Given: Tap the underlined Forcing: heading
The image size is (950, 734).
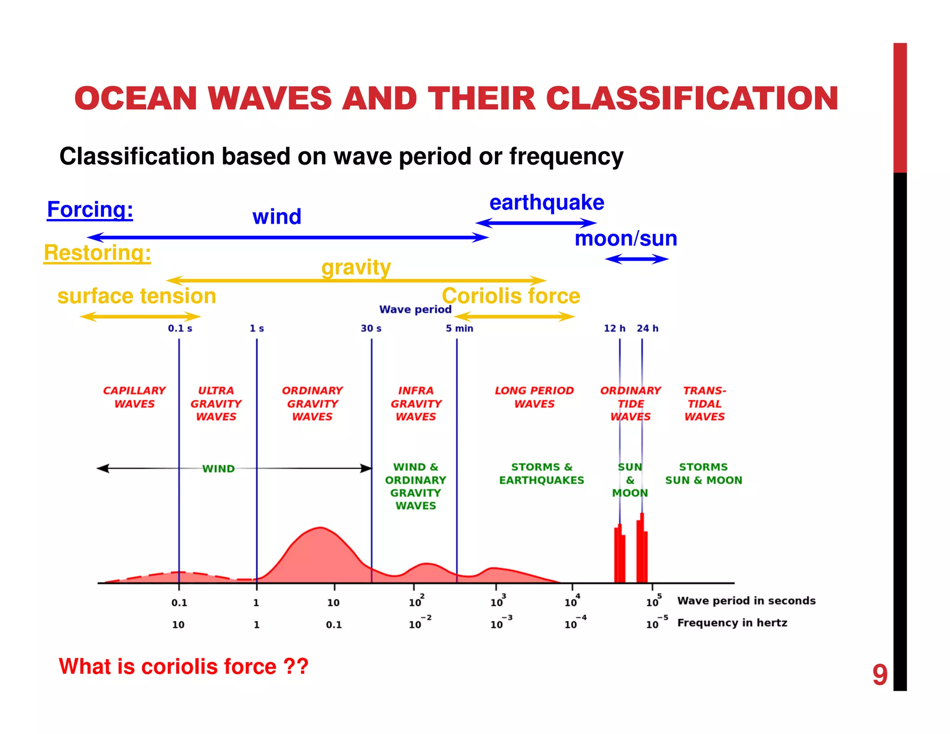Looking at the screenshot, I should [x=90, y=210].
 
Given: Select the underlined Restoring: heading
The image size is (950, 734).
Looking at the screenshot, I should [x=97, y=253].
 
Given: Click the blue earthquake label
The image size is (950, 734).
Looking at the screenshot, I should [x=546, y=203].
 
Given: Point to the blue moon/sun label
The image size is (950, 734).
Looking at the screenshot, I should [x=625, y=238].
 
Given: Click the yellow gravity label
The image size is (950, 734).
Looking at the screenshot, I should [x=356, y=268].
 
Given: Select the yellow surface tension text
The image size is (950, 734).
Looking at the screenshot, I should [x=137, y=296].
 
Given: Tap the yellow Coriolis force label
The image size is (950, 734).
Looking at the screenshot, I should [x=511, y=296].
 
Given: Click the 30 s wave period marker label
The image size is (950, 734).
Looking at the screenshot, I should [x=371, y=328].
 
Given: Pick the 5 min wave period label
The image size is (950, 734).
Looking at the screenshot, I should [x=459, y=328].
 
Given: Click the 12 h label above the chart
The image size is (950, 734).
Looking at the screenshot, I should [x=614, y=328].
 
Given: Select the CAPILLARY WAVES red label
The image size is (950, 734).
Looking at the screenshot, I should [x=135, y=397].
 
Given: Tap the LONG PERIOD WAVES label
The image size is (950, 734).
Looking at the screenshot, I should [x=534, y=397].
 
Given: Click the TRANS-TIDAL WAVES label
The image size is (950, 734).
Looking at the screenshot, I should [x=704, y=404].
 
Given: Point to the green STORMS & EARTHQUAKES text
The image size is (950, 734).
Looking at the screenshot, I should [x=541, y=474].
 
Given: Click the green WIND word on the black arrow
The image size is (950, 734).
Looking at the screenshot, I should [x=218, y=469].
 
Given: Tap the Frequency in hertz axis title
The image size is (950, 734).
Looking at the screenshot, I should [x=732, y=623].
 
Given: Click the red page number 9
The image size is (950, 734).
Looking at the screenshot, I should [x=879, y=675].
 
